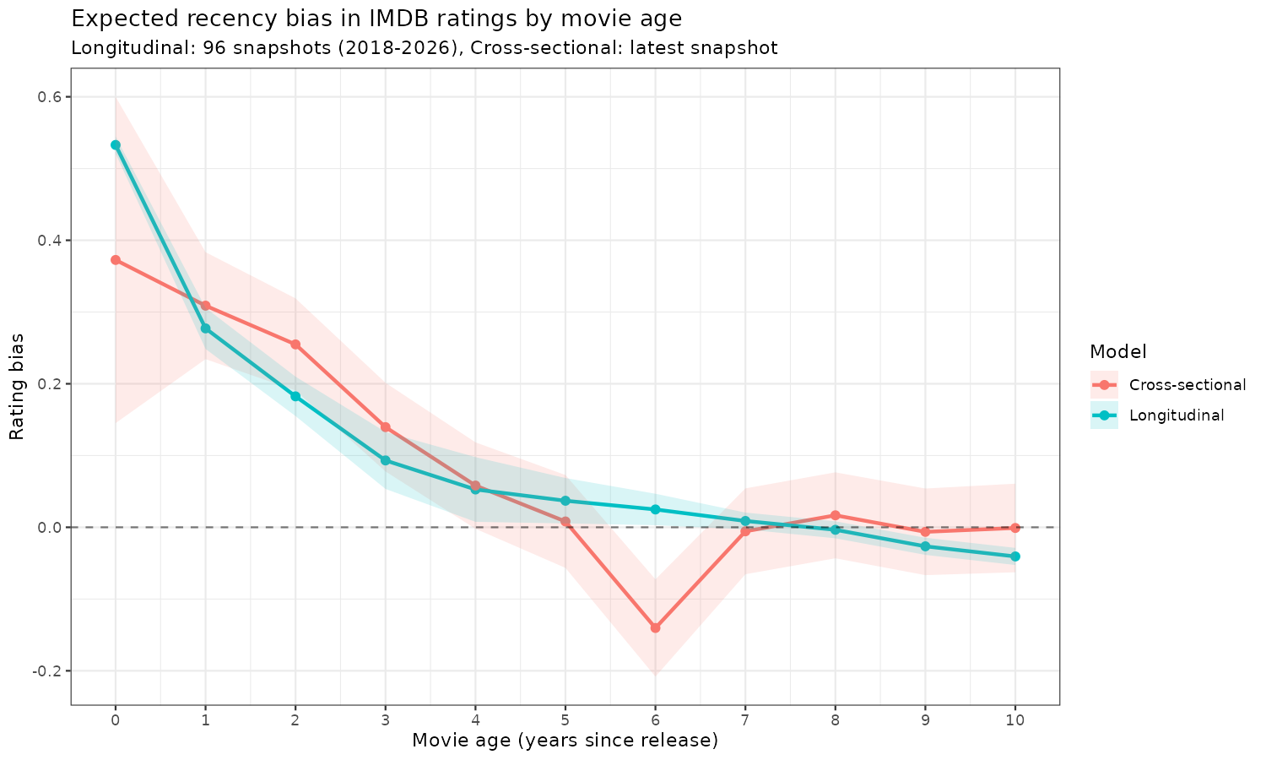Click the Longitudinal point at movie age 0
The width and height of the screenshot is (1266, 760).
(116, 145)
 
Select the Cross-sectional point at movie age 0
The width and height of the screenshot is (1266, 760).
(116, 260)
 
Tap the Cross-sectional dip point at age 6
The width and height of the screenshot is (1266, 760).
(655, 627)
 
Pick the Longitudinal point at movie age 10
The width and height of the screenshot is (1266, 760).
(1015, 556)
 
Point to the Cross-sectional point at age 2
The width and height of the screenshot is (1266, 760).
(295, 345)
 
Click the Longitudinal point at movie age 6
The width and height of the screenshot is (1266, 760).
(655, 509)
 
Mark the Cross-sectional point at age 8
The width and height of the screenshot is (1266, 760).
(836, 515)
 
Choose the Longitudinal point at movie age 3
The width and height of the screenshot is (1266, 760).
(386, 460)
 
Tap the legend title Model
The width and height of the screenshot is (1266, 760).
(1117, 351)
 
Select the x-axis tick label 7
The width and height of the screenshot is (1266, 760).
(745, 719)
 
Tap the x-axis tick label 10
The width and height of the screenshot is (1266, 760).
(1015, 719)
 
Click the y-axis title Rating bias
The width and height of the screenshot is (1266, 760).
(17, 386)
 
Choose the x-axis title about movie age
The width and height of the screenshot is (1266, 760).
(565, 741)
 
